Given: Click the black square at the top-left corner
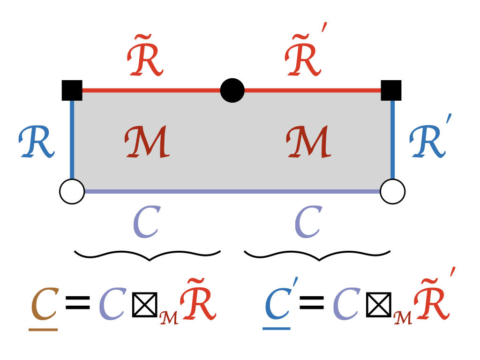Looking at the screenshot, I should [x=72, y=90].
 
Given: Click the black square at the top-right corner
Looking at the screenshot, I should [x=391, y=90].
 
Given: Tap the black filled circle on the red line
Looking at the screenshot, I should [x=232, y=90].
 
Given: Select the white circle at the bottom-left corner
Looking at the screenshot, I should [x=72, y=191].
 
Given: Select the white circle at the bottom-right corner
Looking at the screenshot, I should [x=392, y=191].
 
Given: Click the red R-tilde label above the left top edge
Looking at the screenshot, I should [x=145, y=60].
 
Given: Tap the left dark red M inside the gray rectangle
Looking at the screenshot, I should [x=146, y=142].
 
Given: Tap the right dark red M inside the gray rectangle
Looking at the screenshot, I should [x=308, y=142].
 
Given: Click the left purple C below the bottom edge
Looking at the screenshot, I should [x=146, y=222].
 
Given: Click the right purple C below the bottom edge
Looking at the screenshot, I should [x=308, y=222].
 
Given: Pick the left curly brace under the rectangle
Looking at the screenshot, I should [x=148, y=255].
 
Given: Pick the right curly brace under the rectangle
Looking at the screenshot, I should [x=317, y=255].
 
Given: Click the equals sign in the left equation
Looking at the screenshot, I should [x=77, y=303].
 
